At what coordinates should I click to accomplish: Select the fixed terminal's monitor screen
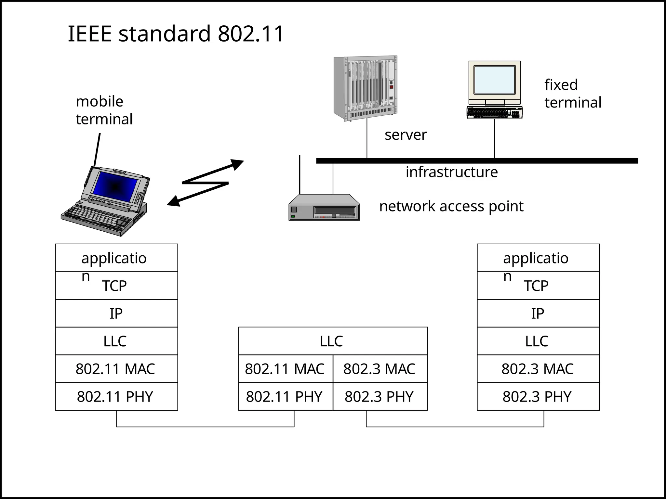[494, 80]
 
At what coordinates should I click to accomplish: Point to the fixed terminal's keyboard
[494, 112]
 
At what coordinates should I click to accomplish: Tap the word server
[405, 135]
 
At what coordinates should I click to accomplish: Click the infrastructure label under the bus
[451, 172]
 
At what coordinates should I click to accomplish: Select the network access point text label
[451, 206]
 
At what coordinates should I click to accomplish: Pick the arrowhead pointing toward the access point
[238, 164]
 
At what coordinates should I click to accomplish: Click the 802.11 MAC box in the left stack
[116, 369]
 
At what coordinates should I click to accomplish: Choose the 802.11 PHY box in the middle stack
[285, 396]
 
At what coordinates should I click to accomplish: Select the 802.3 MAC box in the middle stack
[380, 369]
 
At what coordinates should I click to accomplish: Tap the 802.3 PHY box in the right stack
[538, 396]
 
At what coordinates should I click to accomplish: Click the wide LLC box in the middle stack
[332, 341]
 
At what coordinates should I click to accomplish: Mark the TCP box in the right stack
[538, 286]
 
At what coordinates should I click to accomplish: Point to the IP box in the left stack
[116, 313]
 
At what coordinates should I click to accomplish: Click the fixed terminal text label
[573, 94]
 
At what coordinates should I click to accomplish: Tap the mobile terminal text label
[104, 110]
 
